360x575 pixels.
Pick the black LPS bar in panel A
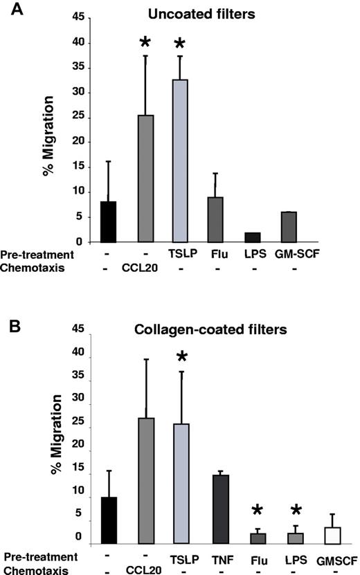[253, 237]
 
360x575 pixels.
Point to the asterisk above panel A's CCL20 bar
[145, 43]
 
